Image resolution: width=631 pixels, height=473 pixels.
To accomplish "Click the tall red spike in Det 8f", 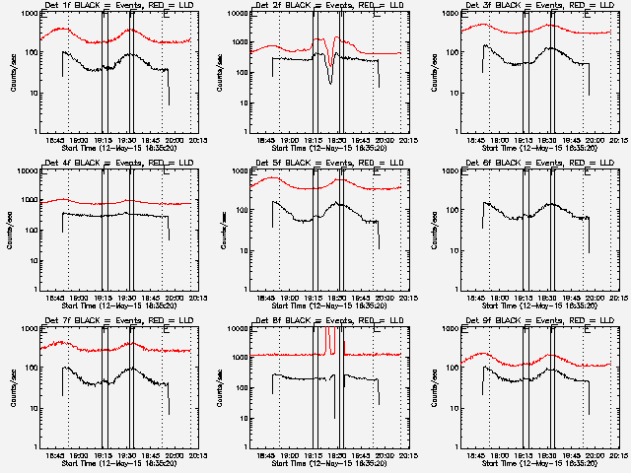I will (x=326, y=340).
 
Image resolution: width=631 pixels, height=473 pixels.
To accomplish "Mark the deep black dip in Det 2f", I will (x=331, y=79).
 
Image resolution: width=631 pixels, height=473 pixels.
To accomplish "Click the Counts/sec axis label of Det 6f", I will (x=430, y=230).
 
